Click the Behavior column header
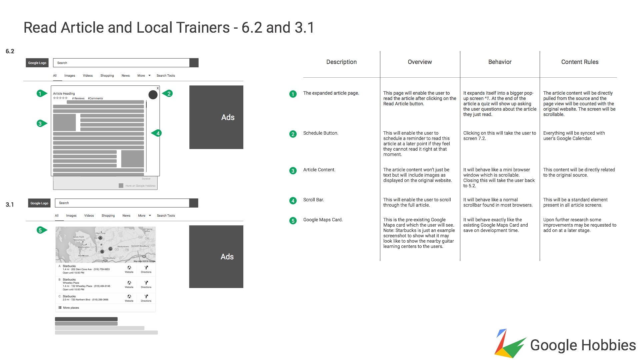click(x=500, y=62)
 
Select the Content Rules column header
click(x=580, y=62)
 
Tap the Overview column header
click(x=420, y=62)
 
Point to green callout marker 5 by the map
click(x=40, y=230)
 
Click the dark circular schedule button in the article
click(x=153, y=95)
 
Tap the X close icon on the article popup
click(x=158, y=88)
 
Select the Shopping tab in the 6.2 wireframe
click(x=107, y=76)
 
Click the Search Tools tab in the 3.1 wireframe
click(x=166, y=216)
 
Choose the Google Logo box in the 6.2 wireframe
click(x=37, y=63)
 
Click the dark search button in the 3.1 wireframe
click(x=193, y=203)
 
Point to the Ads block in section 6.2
click(x=216, y=117)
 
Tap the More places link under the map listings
click(x=71, y=308)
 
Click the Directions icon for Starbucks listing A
click(x=146, y=269)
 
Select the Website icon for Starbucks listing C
click(x=129, y=298)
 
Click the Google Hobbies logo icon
click(x=509, y=344)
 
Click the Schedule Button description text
click(x=320, y=133)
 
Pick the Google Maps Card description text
click(x=323, y=220)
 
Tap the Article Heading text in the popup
click(x=64, y=94)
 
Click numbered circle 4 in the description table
click(x=293, y=201)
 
